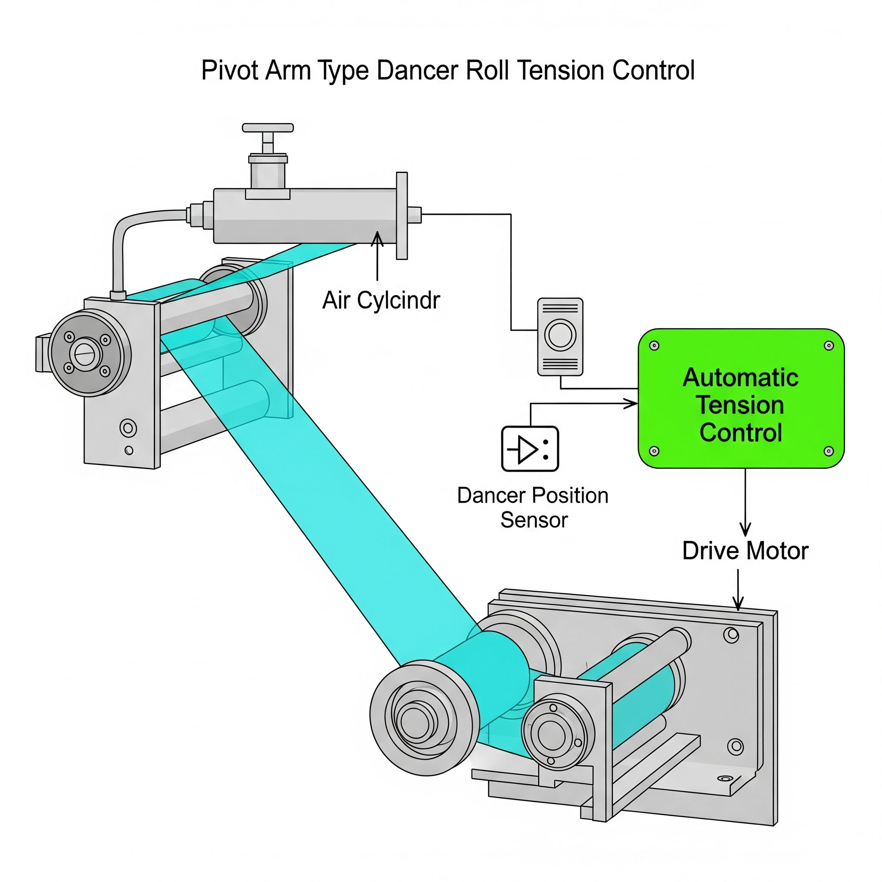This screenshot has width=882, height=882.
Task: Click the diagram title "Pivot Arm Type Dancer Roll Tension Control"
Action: coord(447,71)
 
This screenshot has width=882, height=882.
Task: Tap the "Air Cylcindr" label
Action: coord(381,301)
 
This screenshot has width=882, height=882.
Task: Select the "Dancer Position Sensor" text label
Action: coord(533,508)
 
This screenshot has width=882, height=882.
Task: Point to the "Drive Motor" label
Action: coord(745,550)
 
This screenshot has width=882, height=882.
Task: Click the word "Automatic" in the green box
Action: coord(740,378)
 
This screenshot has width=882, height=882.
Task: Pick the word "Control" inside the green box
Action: coord(740,432)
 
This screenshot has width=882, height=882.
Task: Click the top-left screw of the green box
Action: coord(654,345)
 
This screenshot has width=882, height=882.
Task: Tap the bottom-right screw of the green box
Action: coord(829,451)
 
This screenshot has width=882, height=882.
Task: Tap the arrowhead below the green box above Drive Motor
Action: coord(745,530)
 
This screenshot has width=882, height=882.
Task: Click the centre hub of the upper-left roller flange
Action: coord(85,353)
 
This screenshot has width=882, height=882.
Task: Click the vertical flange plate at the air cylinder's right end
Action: coord(402,215)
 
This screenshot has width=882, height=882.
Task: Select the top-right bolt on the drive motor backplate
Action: coord(731,634)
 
